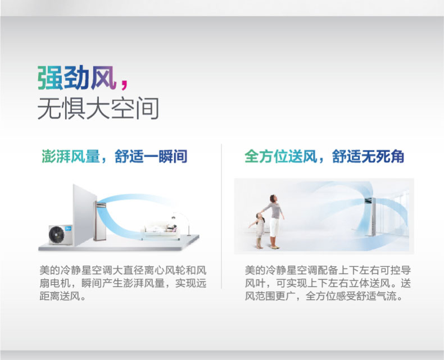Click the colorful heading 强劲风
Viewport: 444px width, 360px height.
click(77, 78)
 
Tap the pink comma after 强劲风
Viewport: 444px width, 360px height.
click(124, 84)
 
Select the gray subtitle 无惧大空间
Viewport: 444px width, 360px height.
click(98, 108)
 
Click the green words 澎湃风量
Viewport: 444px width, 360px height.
click(70, 156)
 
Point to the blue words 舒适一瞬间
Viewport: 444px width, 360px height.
click(151, 156)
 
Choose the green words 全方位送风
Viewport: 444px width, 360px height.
click(280, 156)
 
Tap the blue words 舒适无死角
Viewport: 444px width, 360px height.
click(368, 156)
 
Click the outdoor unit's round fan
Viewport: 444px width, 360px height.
click(57, 235)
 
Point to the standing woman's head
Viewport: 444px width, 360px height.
click(273, 198)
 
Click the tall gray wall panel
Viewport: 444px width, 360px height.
click(84, 215)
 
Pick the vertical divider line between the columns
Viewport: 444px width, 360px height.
click(221, 216)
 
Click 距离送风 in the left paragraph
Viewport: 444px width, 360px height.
click(60, 296)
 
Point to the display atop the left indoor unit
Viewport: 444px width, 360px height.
click(101, 204)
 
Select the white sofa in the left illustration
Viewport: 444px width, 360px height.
click(160, 232)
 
